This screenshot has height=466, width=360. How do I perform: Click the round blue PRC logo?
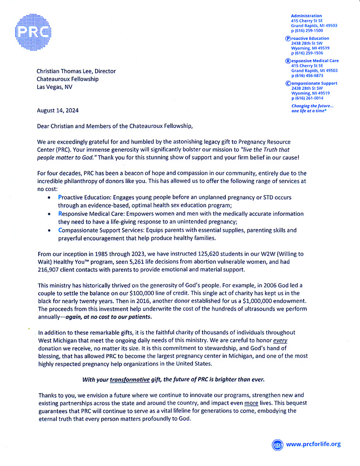[34, 31]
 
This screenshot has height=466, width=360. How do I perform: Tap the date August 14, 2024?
[58, 111]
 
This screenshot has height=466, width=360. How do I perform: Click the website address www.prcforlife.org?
[313, 444]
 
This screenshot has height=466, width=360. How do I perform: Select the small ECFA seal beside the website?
[278, 444]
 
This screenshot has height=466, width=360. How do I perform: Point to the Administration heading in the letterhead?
[306, 16]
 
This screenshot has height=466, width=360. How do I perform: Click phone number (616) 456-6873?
[308, 75]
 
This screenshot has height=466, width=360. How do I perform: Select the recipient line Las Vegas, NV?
[55, 87]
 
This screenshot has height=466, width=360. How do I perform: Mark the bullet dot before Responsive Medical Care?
[49, 213]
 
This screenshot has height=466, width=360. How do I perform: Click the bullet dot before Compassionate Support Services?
[49, 230]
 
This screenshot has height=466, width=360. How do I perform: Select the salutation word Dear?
[45, 126]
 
